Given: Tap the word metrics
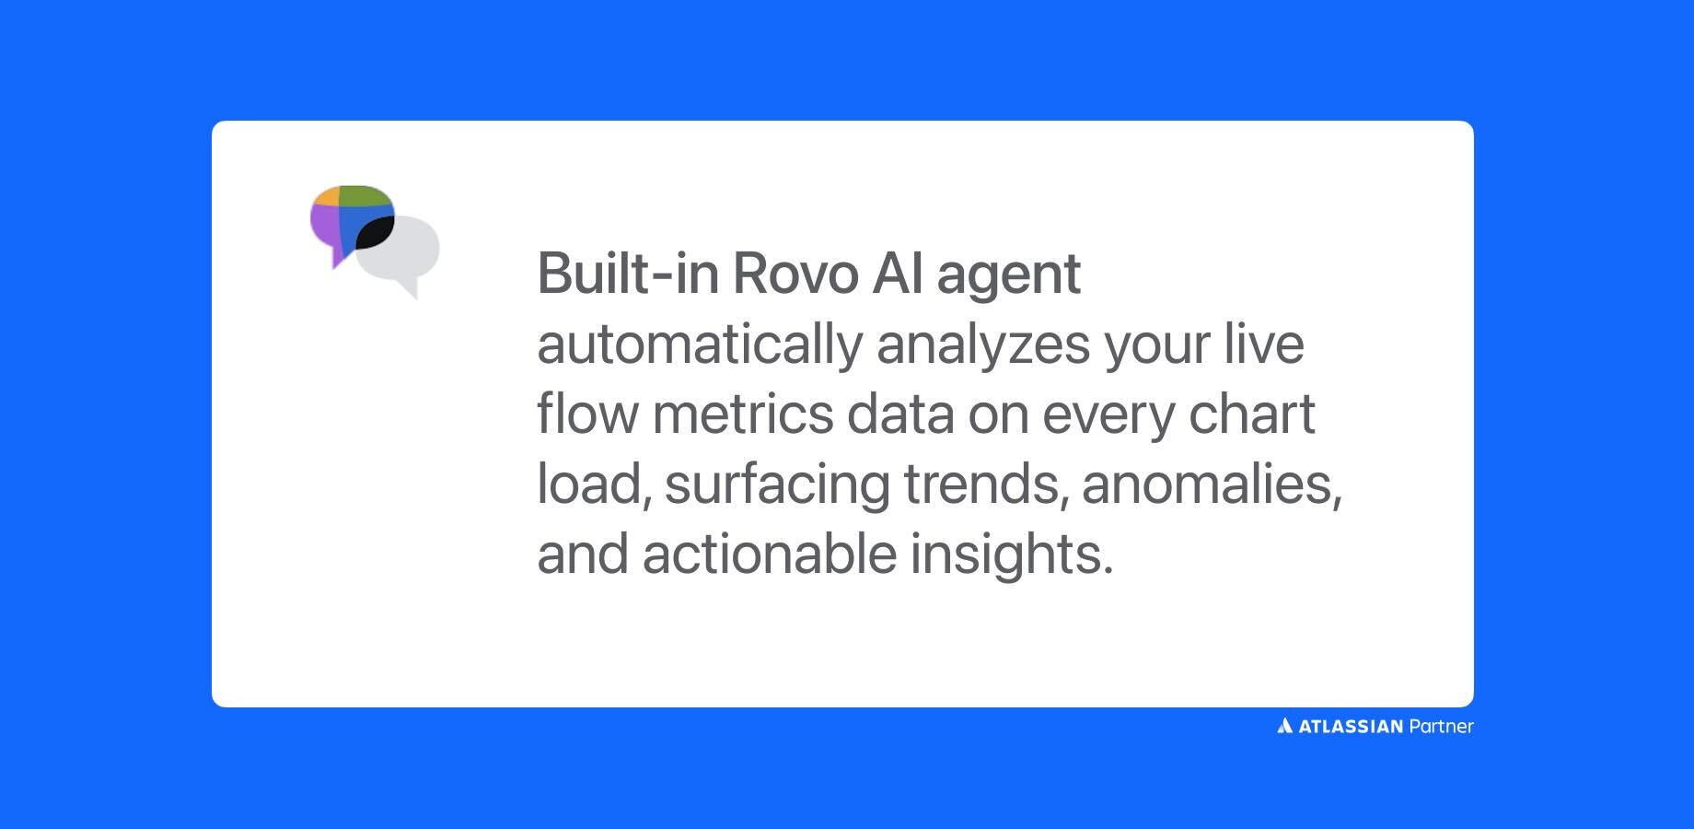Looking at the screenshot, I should click(742, 414).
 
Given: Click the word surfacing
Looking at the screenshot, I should click(776, 485).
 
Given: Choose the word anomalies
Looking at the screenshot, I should click(1211, 484).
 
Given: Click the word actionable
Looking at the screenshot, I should click(769, 555).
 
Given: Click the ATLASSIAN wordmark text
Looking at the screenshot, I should click(1351, 727).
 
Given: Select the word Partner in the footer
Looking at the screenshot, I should click(1441, 727).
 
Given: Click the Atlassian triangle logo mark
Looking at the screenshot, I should click(1285, 727).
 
